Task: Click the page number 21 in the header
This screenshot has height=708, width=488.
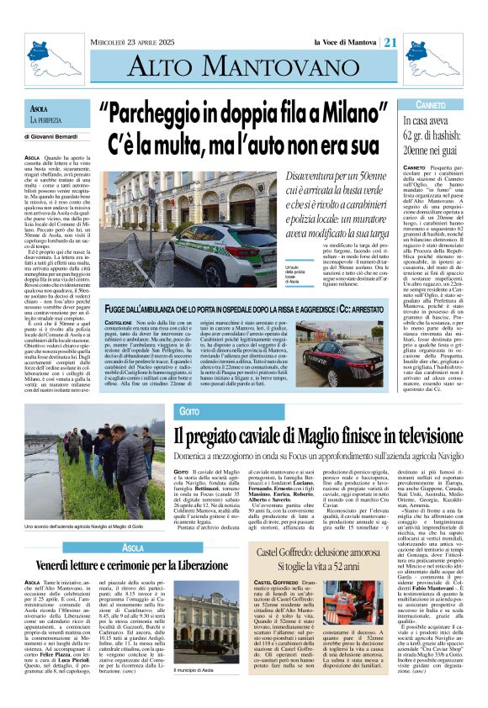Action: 390,43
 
